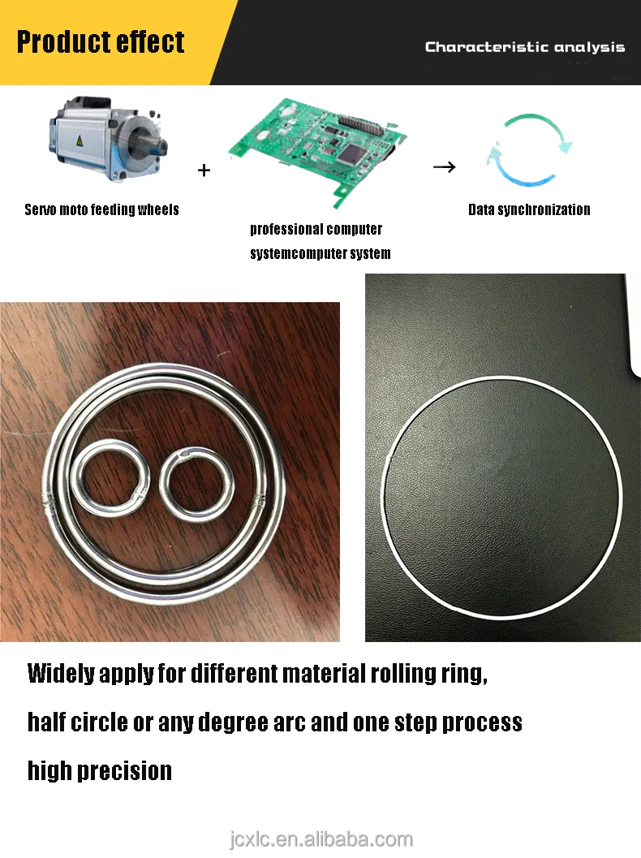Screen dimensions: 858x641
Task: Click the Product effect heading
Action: [101, 42]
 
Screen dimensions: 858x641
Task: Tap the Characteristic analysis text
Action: [525, 47]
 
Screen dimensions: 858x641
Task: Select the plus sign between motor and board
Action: [204, 170]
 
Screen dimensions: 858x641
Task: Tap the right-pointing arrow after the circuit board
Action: [444, 167]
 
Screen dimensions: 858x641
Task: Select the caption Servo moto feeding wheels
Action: [101, 209]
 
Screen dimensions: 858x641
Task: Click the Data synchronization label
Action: [529, 209]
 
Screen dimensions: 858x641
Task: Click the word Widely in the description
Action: [61, 674]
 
